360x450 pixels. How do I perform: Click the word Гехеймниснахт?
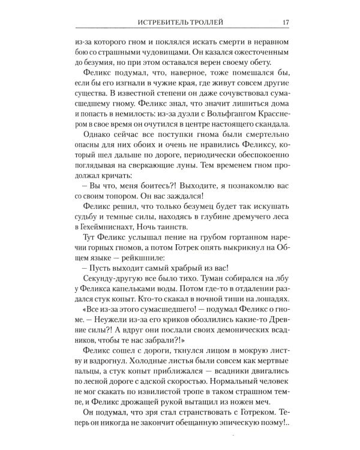pos(106,253)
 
